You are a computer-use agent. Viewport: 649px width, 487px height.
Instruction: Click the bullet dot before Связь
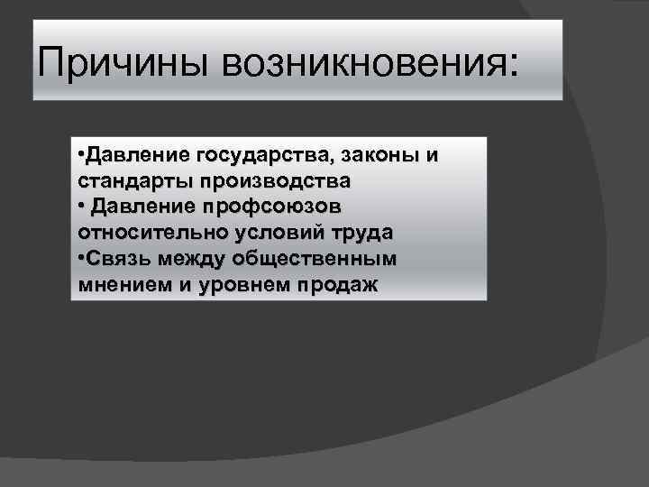tap(81, 259)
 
